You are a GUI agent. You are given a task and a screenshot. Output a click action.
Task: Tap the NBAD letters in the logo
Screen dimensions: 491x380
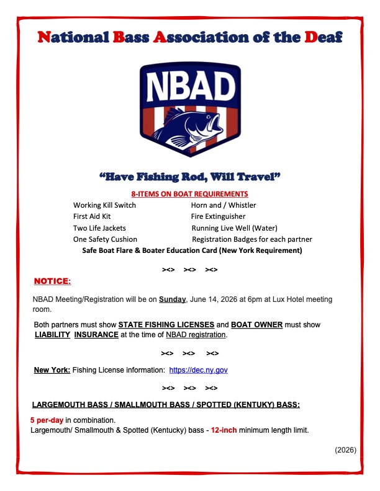pos(190,87)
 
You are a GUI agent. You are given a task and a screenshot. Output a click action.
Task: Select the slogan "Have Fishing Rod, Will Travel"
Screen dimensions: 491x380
pos(190,177)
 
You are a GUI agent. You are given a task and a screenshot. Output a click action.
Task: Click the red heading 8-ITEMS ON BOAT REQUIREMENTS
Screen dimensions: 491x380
pos(191,194)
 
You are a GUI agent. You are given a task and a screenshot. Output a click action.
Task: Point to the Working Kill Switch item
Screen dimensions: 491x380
pos(104,205)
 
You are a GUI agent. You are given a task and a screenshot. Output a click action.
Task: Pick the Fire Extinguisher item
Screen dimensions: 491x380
pos(218,216)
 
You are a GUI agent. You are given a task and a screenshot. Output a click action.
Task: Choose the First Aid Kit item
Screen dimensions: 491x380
pos(92,216)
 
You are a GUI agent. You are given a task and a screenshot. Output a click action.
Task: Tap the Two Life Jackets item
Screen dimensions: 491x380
pos(99,228)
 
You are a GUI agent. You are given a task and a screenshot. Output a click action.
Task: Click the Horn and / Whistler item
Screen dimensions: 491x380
pos(224,205)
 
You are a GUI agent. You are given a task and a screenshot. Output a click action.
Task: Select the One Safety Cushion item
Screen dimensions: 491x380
pos(105,239)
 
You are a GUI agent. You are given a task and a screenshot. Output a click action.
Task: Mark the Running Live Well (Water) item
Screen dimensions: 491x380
pos(234,228)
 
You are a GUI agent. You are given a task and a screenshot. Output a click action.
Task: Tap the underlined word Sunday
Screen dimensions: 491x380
pos(172,299)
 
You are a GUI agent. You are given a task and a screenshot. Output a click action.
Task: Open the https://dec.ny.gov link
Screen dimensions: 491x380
pos(199,370)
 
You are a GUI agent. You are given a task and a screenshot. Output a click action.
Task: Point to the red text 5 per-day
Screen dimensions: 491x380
pos(47,420)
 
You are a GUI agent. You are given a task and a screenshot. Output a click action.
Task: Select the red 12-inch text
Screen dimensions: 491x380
pos(224,430)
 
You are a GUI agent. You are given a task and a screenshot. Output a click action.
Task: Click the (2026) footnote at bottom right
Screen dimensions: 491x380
pos(345,450)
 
